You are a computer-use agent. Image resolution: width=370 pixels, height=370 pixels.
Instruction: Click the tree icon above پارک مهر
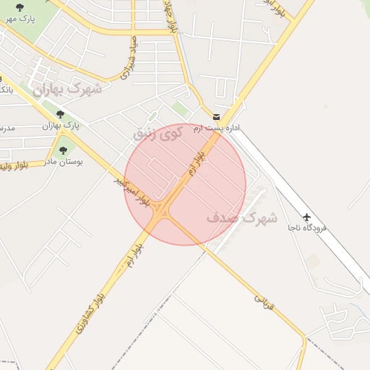pos(19,8)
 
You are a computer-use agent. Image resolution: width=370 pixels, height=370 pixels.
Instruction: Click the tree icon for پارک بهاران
pos(60,114)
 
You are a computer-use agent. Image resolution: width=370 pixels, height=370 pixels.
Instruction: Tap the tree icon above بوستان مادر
pos(63,150)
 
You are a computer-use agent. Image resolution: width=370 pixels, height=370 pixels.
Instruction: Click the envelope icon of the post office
pos(217,116)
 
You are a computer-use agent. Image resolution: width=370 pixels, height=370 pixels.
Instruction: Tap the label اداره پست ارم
pos(223,128)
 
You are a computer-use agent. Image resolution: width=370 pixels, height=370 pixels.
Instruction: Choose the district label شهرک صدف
pos(241,217)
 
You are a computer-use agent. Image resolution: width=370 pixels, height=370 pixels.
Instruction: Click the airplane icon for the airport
pos(307,216)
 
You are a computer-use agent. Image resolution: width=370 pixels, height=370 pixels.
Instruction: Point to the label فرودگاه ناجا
pos(307,228)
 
